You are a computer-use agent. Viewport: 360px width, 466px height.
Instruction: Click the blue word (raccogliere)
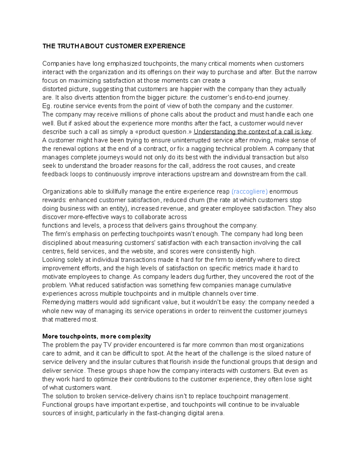coord(250,191)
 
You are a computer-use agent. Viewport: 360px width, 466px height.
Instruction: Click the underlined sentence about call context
coord(253,132)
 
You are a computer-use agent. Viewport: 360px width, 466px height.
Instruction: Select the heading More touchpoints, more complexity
coord(97,336)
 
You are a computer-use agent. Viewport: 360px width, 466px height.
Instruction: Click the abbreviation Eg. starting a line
coord(47,106)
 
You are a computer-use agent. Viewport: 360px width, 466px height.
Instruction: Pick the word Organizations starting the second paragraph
coord(62,191)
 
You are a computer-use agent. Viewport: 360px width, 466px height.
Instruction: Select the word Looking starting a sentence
coord(53,260)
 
